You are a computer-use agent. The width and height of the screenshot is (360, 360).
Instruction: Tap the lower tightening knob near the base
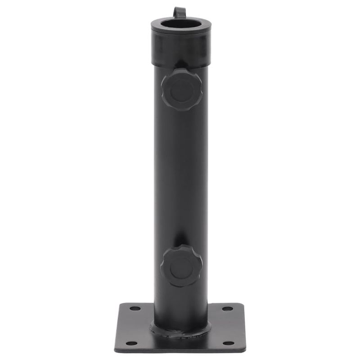tap(181, 266)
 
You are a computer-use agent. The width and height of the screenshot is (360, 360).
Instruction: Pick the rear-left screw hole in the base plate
tap(135, 309)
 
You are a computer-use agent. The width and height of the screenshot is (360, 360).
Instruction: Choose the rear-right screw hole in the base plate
tap(228, 309)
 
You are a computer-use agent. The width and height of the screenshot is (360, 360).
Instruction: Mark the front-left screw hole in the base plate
tap(131, 343)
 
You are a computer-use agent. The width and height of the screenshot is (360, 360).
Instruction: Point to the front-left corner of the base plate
tap(117, 350)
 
